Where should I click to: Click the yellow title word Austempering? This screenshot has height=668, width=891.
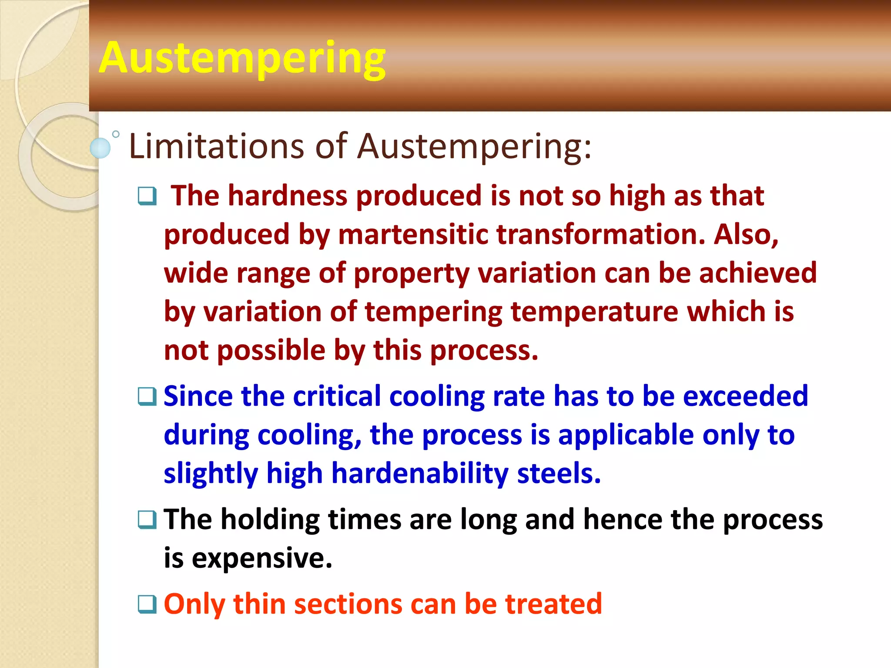click(x=242, y=59)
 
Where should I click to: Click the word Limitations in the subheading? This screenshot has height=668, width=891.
click(x=216, y=147)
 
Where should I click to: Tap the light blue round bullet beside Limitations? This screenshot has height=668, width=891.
click(x=100, y=148)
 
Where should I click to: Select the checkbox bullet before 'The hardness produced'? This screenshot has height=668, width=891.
click(x=147, y=196)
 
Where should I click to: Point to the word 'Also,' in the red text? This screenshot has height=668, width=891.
click(x=746, y=234)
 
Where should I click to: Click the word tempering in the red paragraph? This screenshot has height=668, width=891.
click(x=433, y=312)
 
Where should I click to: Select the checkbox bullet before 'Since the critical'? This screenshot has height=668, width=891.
click(x=147, y=396)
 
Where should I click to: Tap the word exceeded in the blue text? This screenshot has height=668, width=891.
click(x=745, y=396)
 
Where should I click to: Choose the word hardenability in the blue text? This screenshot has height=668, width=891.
click(x=419, y=474)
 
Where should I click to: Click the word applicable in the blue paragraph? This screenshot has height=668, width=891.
click(x=626, y=435)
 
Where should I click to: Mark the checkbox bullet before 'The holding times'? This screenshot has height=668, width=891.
click(x=147, y=519)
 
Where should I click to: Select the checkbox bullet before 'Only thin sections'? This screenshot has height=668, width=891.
click(x=147, y=604)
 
